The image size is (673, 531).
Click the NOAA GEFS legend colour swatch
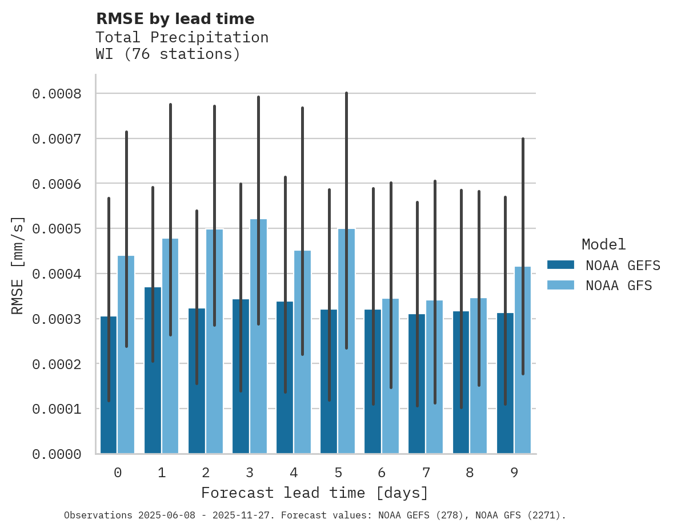click(x=560, y=265)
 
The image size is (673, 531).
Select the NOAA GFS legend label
click(x=618, y=285)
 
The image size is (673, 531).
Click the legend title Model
click(x=603, y=244)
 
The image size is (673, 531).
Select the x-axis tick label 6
click(x=382, y=473)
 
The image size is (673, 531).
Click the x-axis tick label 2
click(x=206, y=473)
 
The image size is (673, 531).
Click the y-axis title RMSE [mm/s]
click(x=18, y=265)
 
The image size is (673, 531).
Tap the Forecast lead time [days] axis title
click(x=315, y=493)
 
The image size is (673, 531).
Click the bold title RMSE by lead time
click(x=175, y=19)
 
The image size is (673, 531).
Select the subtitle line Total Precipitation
click(x=182, y=37)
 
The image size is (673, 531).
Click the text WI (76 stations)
click(x=167, y=54)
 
